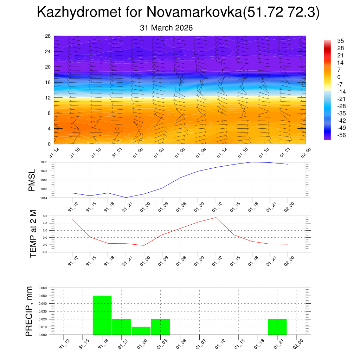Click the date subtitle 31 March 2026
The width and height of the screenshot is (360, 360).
[x=166, y=28]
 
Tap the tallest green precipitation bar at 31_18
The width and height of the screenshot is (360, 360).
[x=102, y=315]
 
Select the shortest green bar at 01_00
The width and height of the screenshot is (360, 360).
[x=141, y=331]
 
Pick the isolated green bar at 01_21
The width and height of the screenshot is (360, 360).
[x=277, y=327]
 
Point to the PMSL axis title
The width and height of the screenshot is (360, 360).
[x=32, y=180]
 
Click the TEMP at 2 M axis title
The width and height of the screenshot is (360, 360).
[x=33, y=234]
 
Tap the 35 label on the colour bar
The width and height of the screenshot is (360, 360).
[x=340, y=41]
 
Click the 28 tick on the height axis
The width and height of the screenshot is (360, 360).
[x=48, y=36]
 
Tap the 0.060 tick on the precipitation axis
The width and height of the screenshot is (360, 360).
[x=42, y=288]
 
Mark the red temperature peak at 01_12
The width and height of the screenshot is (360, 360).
[x=216, y=218]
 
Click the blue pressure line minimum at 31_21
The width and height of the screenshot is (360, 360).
[x=126, y=197]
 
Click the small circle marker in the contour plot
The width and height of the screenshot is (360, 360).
[x=117, y=129]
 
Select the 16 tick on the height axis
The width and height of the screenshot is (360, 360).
[x=48, y=82]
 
